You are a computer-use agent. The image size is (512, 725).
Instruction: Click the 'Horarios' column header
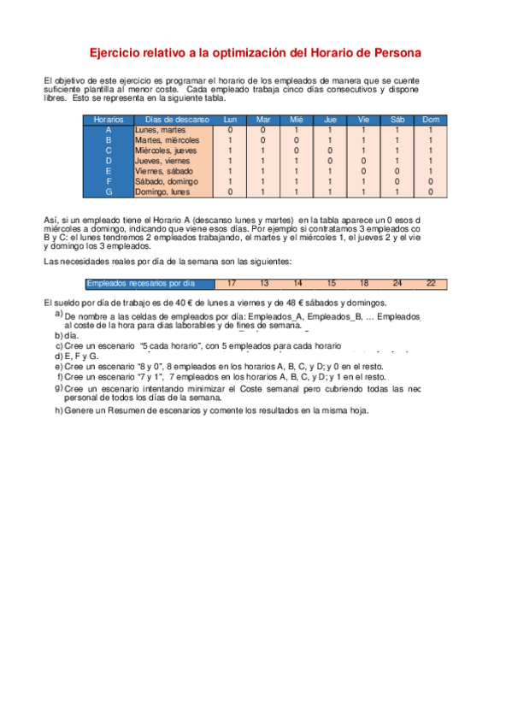[109, 120]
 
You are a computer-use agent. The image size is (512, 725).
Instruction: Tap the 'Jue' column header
[330, 120]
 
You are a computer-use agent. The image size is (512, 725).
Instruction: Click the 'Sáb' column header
[397, 120]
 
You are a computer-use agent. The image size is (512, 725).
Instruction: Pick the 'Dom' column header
[431, 120]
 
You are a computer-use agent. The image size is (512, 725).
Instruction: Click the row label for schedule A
[109, 130]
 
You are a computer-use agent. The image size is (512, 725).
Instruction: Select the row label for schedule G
[109, 192]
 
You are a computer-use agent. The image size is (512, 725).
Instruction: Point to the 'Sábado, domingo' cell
[166, 181]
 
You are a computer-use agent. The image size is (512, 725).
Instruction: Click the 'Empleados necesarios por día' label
[141, 283]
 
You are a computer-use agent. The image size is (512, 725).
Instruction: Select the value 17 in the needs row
[232, 283]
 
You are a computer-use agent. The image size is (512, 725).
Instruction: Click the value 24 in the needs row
[397, 283]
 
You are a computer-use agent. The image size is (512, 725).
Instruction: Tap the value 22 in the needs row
[431, 283]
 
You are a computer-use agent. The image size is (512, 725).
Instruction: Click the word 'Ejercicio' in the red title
[118, 53]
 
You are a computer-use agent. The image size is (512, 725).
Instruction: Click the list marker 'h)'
[58, 410]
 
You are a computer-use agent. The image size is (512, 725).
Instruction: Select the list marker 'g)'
[58, 387]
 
